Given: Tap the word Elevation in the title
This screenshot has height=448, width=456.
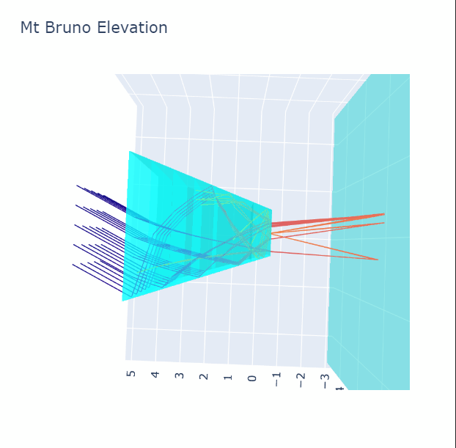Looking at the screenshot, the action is [132, 28].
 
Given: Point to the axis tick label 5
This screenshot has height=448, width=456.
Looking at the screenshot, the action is [131, 373].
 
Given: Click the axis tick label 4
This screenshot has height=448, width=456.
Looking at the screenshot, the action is [155, 375].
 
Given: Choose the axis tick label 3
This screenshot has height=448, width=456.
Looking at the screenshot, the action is [180, 375].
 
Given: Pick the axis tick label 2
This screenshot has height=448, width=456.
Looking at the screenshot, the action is [204, 376].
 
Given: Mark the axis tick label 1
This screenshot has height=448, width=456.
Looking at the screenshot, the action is [228, 378].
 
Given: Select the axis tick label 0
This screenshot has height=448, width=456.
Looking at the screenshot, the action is [252, 378].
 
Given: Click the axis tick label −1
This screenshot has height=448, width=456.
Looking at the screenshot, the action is [276, 379].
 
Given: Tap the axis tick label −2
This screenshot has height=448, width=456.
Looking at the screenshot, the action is [301, 381].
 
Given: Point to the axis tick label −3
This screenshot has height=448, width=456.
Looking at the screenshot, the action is [325, 381].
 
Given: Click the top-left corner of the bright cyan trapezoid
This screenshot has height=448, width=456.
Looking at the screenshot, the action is [130, 151].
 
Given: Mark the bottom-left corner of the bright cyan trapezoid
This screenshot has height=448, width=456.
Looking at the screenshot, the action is [122, 301].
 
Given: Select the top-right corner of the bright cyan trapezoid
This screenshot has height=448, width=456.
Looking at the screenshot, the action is [272, 210].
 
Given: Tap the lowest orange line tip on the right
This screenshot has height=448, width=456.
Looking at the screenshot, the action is [378, 260].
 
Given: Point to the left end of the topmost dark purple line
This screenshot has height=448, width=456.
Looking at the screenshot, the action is [77, 186].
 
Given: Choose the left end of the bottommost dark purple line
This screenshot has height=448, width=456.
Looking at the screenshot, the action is [73, 265].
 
